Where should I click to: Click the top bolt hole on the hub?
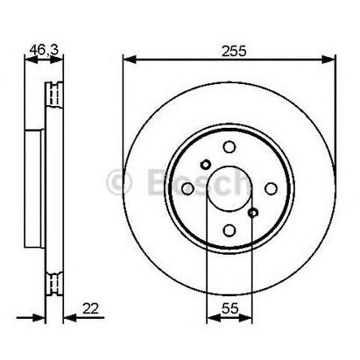tap(229, 148)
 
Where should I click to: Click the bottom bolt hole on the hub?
tap(229, 230)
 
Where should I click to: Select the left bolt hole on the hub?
tap(187, 189)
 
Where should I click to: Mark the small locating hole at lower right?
tap(253, 213)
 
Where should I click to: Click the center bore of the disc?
tap(229, 189)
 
